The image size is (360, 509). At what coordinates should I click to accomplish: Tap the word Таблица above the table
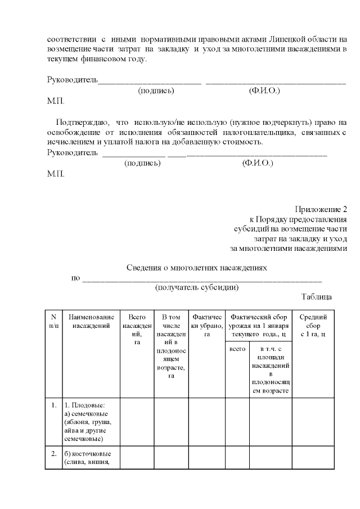click(316, 296)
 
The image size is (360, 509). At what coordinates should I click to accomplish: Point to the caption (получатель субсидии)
click(197, 287)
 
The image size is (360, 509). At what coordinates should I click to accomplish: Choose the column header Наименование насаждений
click(91, 321)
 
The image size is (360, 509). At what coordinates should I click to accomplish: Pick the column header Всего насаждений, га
click(137, 330)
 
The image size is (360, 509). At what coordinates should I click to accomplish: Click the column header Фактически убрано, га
click(206, 325)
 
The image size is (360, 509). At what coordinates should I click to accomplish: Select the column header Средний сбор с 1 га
click(313, 325)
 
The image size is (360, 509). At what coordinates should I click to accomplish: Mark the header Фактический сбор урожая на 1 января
click(259, 325)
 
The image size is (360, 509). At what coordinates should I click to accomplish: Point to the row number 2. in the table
click(53, 453)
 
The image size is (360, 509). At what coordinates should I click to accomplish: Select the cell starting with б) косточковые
click(90, 458)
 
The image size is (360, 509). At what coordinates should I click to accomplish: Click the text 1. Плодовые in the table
click(85, 405)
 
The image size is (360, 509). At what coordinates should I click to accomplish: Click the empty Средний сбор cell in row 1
click(313, 422)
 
